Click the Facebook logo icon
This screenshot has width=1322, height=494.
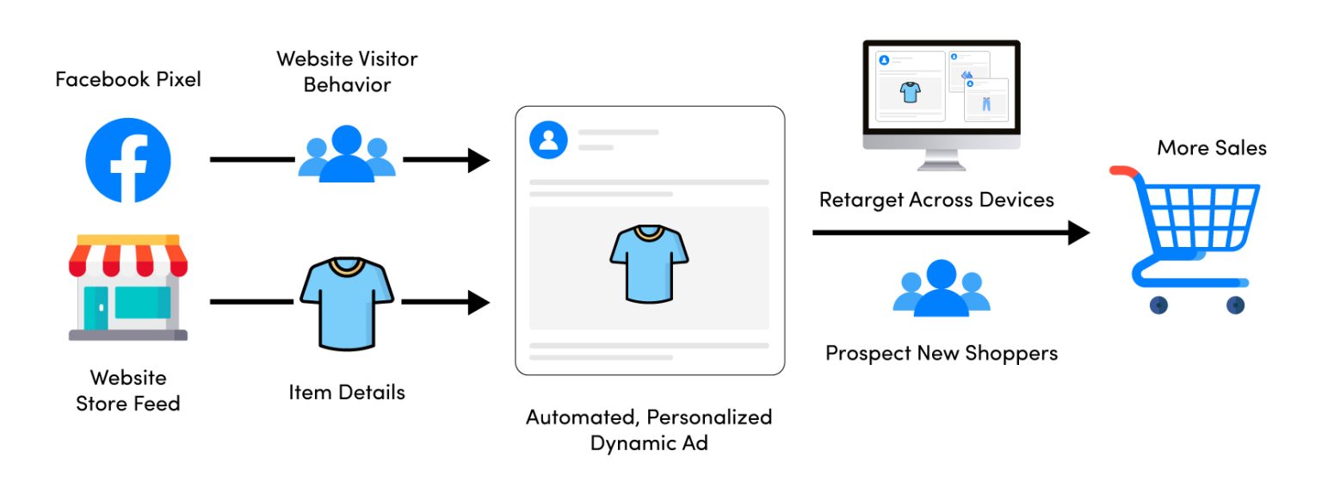128,160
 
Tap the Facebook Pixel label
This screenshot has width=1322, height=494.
128,79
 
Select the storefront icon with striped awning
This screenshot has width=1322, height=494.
128,287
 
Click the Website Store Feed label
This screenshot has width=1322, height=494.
128,390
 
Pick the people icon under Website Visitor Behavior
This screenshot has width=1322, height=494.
347,154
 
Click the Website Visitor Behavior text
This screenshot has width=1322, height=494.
347,71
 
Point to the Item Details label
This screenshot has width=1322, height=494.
347,392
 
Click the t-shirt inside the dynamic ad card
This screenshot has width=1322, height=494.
649,262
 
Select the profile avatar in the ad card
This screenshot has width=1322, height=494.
548,139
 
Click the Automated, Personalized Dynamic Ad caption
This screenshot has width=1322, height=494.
649,429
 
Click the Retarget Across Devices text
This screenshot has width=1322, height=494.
936,200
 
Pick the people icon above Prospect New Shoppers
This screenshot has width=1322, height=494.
942,288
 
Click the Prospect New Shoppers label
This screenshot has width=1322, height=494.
942,353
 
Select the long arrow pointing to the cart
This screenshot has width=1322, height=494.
947,232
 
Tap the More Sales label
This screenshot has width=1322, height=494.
1211,148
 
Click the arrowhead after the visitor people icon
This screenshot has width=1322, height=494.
478,160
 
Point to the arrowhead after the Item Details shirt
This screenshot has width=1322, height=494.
478,302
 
